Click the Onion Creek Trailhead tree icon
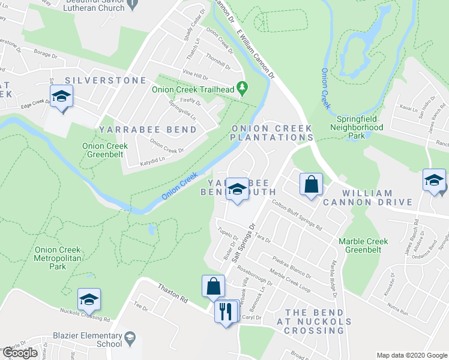pyautogui.click(x=243, y=88)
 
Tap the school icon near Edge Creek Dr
pyautogui.click(x=61, y=98)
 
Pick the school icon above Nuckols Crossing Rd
pyautogui.click(x=89, y=299)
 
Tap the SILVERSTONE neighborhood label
pyautogui.click(x=106, y=80)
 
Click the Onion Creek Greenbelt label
pyautogui.click(x=105, y=150)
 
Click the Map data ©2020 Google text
pyautogui.click(x=411, y=355)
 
